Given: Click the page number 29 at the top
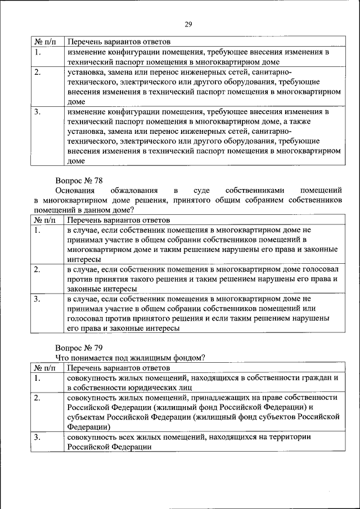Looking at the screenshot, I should point(188,24).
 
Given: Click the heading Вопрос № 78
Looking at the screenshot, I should point(79,181).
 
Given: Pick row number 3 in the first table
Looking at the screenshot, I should point(37,111).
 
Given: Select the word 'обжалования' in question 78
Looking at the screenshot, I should point(134,191).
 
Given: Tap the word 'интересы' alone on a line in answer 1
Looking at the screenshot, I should point(84,259).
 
